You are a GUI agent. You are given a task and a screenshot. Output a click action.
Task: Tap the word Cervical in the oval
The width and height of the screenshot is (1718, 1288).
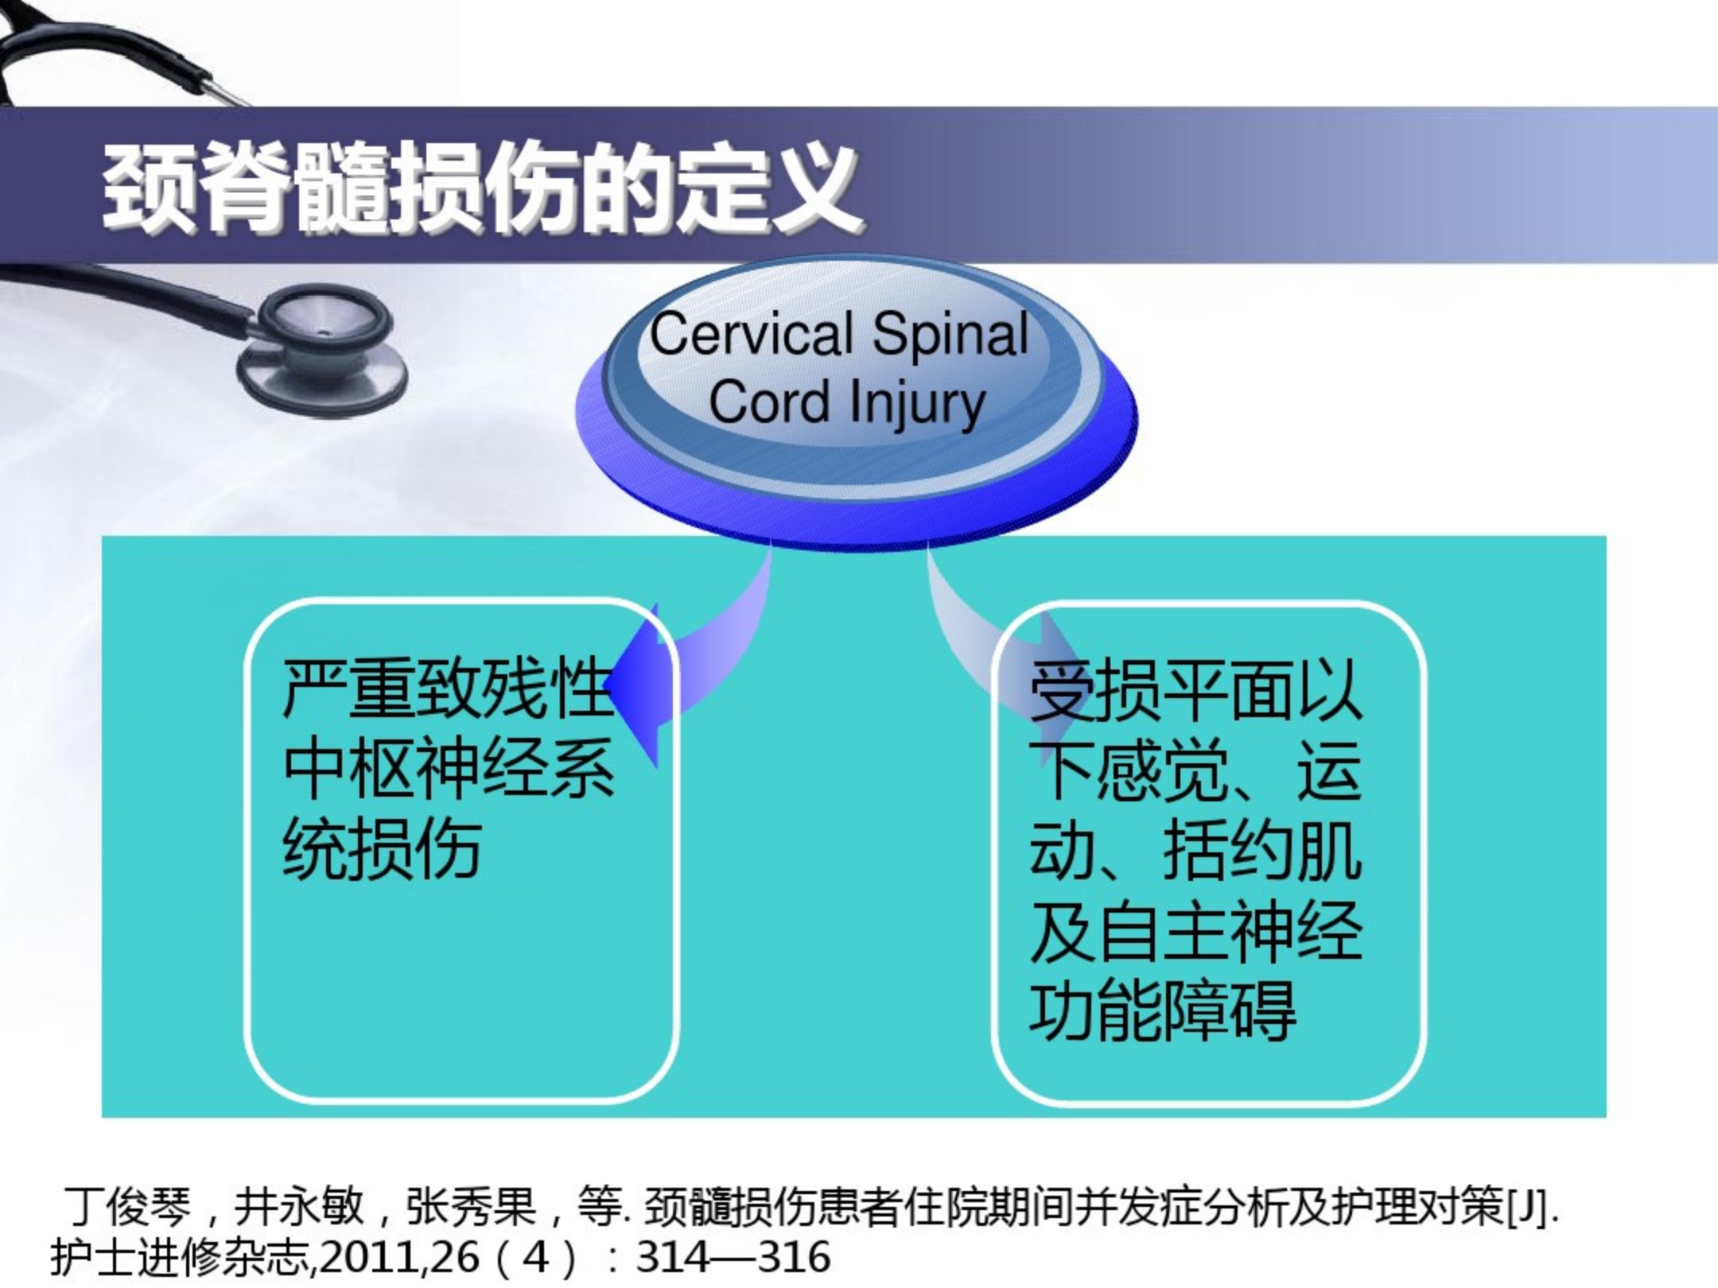tap(752, 334)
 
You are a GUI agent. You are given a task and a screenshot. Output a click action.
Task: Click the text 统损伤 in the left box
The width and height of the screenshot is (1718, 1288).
tap(383, 848)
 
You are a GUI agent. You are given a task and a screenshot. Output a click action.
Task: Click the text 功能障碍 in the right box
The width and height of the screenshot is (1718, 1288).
tap(1162, 1010)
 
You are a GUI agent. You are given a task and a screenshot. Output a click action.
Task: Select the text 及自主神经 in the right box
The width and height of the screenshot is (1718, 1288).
tap(1195, 929)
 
